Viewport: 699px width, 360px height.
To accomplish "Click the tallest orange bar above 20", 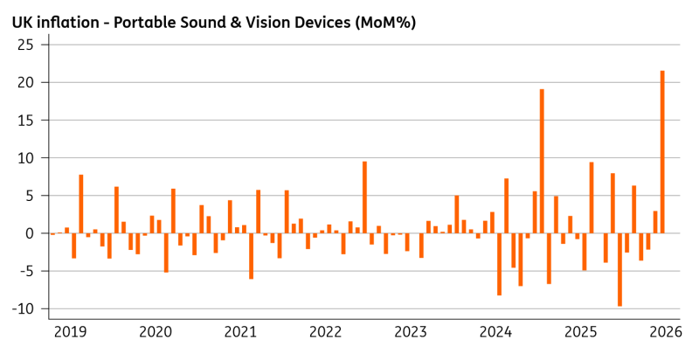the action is (x=662, y=152).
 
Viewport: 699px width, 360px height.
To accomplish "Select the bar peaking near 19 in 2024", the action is (x=542, y=162).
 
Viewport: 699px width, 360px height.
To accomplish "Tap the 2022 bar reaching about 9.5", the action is (x=364, y=197).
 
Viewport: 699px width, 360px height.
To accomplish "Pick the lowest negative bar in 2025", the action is (x=619, y=269).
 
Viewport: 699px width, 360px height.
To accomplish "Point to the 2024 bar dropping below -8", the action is (x=499, y=264).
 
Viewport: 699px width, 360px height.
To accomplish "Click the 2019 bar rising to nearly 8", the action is (x=81, y=204).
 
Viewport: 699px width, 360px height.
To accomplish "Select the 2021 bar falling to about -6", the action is (x=252, y=256).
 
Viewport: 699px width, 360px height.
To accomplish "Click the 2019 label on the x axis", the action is (x=70, y=332).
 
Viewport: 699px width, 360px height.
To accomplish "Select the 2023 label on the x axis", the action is (x=411, y=332).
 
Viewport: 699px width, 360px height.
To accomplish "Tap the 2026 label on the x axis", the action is (x=666, y=332).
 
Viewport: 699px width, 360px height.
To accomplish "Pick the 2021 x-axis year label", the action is (x=240, y=332).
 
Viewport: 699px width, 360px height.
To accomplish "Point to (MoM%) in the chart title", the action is (x=385, y=23).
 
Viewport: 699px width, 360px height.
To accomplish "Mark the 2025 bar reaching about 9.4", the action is (x=592, y=197).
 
